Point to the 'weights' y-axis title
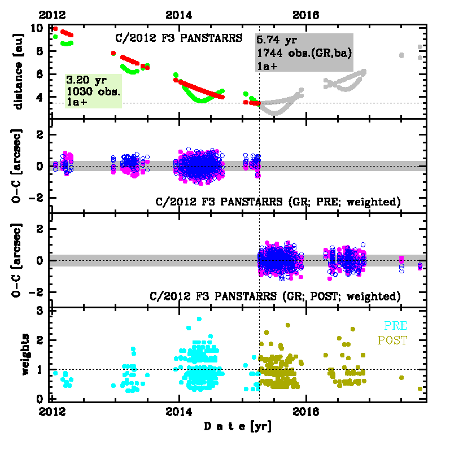coord(26,354)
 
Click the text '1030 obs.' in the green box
coord(90,90)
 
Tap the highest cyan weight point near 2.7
coord(199,319)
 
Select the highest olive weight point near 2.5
coord(287,325)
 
